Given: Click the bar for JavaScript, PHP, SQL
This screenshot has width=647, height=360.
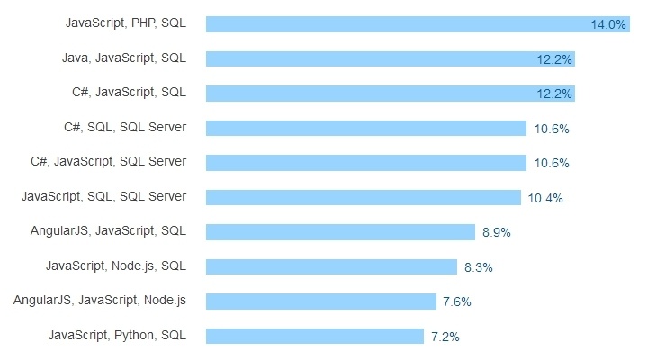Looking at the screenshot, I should (396, 24).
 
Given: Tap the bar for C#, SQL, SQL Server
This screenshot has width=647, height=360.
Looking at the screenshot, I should (365, 128).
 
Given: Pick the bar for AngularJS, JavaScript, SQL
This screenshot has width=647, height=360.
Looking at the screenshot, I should (340, 232).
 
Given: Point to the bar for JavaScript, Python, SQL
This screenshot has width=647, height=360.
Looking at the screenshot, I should (314, 336).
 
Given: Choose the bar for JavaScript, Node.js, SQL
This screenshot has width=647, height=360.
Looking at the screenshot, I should (331, 266).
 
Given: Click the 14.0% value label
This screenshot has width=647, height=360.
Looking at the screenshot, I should (607, 25).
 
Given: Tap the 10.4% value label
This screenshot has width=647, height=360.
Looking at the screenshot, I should (545, 199).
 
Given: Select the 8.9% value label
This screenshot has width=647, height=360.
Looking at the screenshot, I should (496, 233).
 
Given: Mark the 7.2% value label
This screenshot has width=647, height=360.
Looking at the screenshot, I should (445, 337).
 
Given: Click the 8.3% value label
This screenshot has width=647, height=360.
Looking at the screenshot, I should (478, 268).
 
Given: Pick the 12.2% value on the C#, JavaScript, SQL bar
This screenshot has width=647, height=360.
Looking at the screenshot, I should (553, 94).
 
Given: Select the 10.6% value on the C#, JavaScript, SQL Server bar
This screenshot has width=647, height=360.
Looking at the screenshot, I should (551, 164).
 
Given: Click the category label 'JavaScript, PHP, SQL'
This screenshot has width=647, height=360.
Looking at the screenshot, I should (126, 22).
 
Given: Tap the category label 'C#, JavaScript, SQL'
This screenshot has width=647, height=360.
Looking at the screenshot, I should (129, 92).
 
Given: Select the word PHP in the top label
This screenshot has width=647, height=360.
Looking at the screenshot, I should (144, 22).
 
